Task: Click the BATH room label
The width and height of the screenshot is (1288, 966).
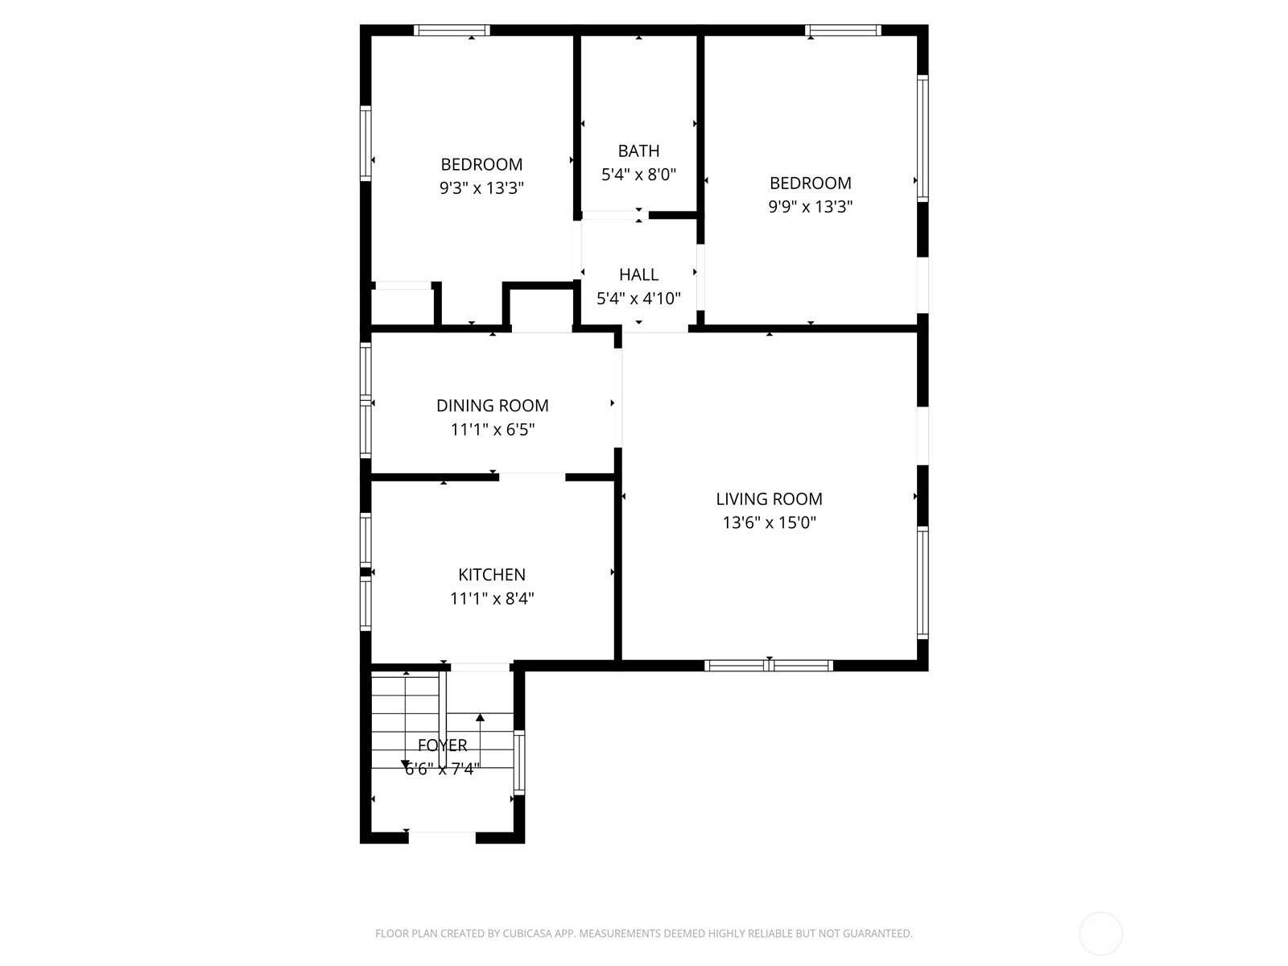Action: point(638,151)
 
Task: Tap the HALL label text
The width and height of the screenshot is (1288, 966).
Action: point(638,275)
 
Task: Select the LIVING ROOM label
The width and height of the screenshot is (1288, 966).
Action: point(769,498)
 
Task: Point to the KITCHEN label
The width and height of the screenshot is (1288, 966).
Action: point(492,574)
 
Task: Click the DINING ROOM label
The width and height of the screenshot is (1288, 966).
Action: point(493,405)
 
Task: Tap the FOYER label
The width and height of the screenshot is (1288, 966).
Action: point(443,745)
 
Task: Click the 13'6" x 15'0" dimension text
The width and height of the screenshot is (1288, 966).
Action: point(770,522)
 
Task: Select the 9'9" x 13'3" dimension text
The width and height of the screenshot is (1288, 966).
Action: point(811,206)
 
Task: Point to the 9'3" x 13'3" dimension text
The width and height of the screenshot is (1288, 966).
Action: point(481,188)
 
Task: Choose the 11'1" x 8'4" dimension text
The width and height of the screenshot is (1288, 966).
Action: point(492,598)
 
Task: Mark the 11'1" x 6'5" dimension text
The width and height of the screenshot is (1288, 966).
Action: point(493,429)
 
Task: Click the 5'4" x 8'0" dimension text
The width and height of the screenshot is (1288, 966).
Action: point(638,174)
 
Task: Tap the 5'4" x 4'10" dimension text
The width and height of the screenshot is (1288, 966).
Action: point(638,299)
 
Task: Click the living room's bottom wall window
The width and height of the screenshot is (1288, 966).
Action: point(769,665)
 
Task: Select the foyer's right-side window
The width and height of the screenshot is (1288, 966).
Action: point(519,762)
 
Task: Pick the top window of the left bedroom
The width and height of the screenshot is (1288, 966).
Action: point(452,30)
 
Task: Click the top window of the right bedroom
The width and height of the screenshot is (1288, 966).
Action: point(843,30)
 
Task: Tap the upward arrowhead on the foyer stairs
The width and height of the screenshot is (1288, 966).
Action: point(480,716)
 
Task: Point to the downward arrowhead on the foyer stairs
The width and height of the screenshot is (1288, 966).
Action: point(406,764)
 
